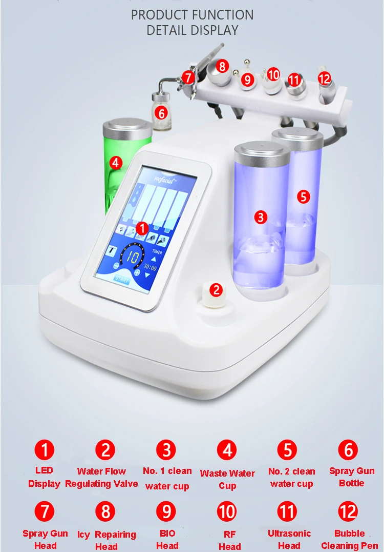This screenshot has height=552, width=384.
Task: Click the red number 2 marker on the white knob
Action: (x=216, y=290)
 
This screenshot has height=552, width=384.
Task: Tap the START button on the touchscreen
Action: (x=121, y=280)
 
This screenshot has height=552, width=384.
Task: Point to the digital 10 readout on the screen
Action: (x=132, y=258)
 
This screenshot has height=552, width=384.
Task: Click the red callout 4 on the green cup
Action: (x=116, y=163)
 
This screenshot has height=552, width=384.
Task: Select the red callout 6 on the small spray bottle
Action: (x=161, y=113)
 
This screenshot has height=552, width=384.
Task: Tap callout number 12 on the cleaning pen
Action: (x=324, y=78)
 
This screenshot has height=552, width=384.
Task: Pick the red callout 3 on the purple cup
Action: (x=260, y=217)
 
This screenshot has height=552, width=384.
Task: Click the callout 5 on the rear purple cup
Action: (x=304, y=196)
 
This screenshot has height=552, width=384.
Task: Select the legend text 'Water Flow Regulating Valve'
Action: (x=101, y=478)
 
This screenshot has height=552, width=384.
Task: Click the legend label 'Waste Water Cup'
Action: (x=227, y=480)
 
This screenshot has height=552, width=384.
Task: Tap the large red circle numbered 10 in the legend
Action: (x=227, y=512)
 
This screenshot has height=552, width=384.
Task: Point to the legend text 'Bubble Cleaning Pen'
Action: (x=350, y=539)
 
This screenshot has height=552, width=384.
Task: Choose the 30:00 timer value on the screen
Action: (x=150, y=266)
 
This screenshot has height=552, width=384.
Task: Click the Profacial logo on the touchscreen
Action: (x=164, y=180)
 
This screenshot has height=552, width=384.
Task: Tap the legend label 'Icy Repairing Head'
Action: (x=106, y=540)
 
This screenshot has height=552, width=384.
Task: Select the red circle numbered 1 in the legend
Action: (x=44, y=450)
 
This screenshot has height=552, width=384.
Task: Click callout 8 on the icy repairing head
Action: (x=222, y=66)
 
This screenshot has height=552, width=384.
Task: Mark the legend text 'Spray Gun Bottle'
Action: (x=352, y=477)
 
